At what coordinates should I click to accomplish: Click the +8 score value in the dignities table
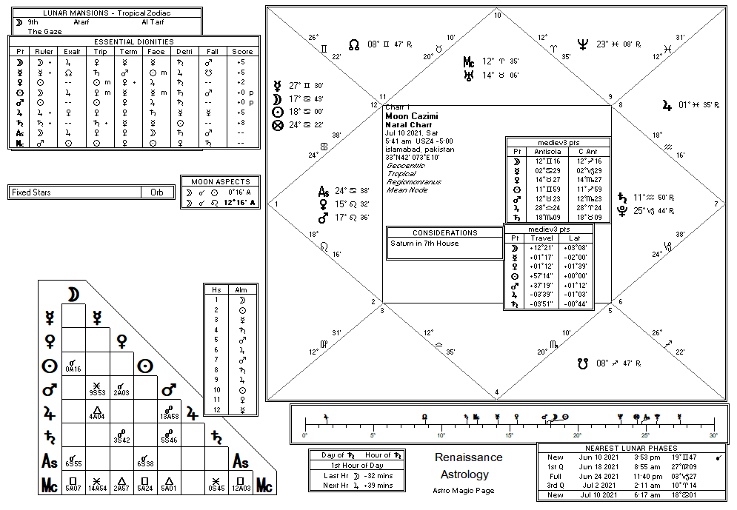(x=241, y=123)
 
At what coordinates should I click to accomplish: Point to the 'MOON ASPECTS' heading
(x=221, y=181)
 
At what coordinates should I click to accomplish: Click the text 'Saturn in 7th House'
(x=424, y=243)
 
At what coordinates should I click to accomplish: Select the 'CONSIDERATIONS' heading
(x=445, y=232)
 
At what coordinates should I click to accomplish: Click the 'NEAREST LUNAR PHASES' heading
(x=632, y=448)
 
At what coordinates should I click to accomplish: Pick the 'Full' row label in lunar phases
(x=555, y=476)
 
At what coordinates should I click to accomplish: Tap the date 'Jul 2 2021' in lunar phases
(x=599, y=485)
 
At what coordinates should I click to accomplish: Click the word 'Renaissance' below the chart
(x=468, y=457)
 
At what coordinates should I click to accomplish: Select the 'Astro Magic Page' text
(x=464, y=490)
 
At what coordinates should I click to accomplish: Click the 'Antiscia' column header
(x=547, y=151)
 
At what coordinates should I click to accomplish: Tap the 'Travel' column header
(x=542, y=238)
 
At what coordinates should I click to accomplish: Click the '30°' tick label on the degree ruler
(x=713, y=434)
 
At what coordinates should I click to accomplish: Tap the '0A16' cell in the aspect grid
(x=73, y=368)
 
